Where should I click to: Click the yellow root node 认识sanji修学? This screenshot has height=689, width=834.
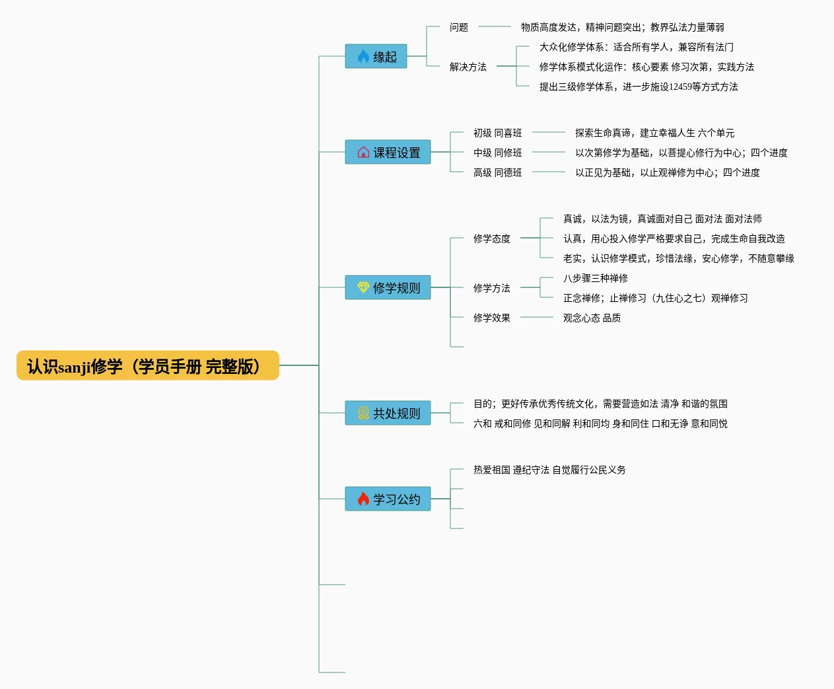pyautogui.click(x=147, y=365)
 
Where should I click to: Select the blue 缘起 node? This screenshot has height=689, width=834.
pyautogui.click(x=376, y=57)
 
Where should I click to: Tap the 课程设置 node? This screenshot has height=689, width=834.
pyautogui.click(x=388, y=153)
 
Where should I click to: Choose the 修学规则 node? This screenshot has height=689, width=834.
pyautogui.click(x=388, y=288)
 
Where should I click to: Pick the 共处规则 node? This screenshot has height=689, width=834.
pyautogui.click(x=388, y=414)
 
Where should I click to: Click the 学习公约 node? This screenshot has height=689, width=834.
pyautogui.click(x=388, y=499)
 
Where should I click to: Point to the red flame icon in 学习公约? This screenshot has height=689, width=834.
pyautogui.click(x=363, y=499)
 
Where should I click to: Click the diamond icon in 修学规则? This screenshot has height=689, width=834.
pyautogui.click(x=363, y=287)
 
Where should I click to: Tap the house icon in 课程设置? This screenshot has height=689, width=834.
pyautogui.click(x=363, y=153)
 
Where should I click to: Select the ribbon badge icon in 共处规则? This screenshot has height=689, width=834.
pyautogui.click(x=363, y=414)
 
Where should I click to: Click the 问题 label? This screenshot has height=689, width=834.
pyautogui.click(x=459, y=27)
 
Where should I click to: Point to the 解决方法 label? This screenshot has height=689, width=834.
pyautogui.click(x=468, y=67)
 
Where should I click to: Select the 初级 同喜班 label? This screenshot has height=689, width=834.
pyautogui.click(x=497, y=133)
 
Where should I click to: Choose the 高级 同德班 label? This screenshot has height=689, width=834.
pyautogui.click(x=497, y=172)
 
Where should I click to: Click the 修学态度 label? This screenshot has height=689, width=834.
pyautogui.click(x=491, y=238)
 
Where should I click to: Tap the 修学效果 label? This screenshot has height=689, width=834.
pyautogui.click(x=491, y=318)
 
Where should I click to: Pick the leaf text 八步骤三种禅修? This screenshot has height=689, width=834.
pyautogui.click(x=595, y=278)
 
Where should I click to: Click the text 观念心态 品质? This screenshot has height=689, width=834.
pyautogui.click(x=592, y=318)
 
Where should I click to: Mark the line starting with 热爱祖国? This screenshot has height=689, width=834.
pyautogui.click(x=549, y=470)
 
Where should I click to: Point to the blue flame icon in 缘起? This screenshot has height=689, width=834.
pyautogui.click(x=363, y=57)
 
